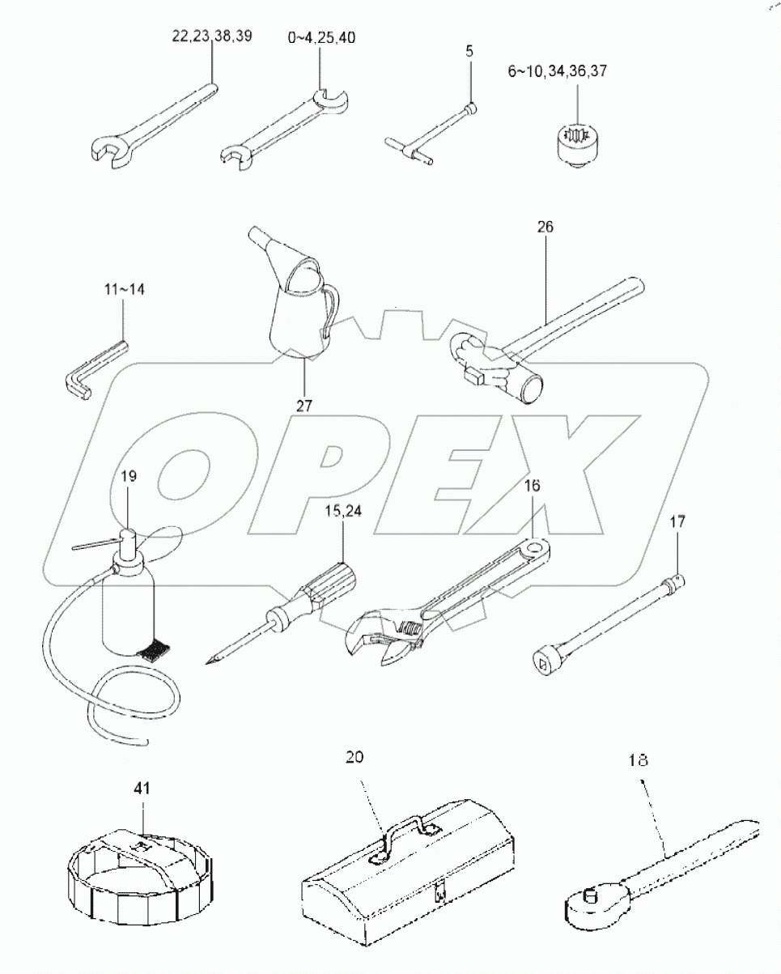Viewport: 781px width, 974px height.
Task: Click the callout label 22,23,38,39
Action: point(211,36)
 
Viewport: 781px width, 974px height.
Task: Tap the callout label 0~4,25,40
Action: point(320,37)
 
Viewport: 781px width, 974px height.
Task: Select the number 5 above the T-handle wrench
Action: point(470,50)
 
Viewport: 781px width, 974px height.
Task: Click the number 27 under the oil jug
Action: point(303,406)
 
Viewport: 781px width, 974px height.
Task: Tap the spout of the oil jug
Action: point(261,241)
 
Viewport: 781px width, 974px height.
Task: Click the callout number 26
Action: point(544,228)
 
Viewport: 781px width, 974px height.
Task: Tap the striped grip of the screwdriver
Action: point(333,581)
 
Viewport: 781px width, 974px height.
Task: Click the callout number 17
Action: point(677,523)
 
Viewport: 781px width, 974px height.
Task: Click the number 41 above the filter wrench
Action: point(142,786)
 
